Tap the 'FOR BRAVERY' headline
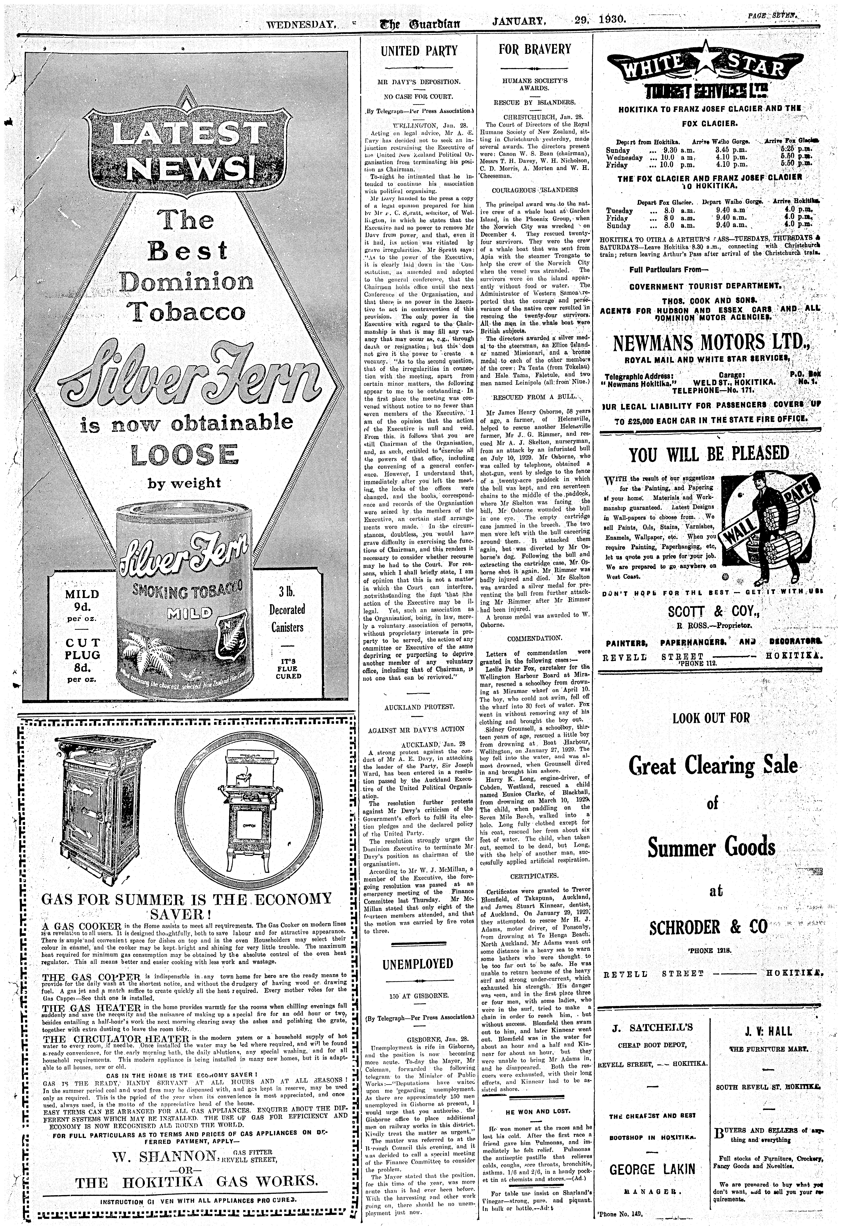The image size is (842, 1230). (x=535, y=50)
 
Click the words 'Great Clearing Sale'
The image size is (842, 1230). (x=712, y=765)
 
